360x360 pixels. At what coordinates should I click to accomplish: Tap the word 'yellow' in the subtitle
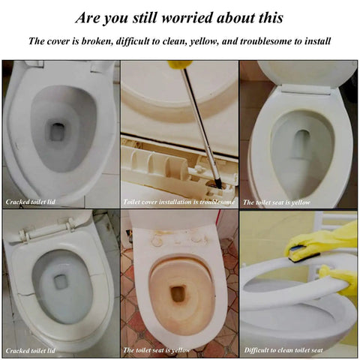pos(204,41)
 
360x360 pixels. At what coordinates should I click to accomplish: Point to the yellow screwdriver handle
pos(180,64)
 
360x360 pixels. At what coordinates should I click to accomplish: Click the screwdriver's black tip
pos(218,184)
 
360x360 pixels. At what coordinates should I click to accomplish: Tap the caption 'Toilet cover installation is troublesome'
pos(179,202)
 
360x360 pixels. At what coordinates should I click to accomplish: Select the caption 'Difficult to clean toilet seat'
pos(283,350)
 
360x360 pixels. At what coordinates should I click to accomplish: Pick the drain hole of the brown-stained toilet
pos(178,293)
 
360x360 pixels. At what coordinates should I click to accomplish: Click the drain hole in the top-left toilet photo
pos(57,132)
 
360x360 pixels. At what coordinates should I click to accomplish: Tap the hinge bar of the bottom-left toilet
pos(47,231)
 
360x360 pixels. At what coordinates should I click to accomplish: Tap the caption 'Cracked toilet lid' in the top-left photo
pos(31,202)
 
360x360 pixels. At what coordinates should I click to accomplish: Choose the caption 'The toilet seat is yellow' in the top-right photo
pos(277,202)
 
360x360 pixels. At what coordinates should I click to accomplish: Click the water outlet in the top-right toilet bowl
pos(301,144)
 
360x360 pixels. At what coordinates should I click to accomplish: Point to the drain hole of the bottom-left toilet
pos(61,281)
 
